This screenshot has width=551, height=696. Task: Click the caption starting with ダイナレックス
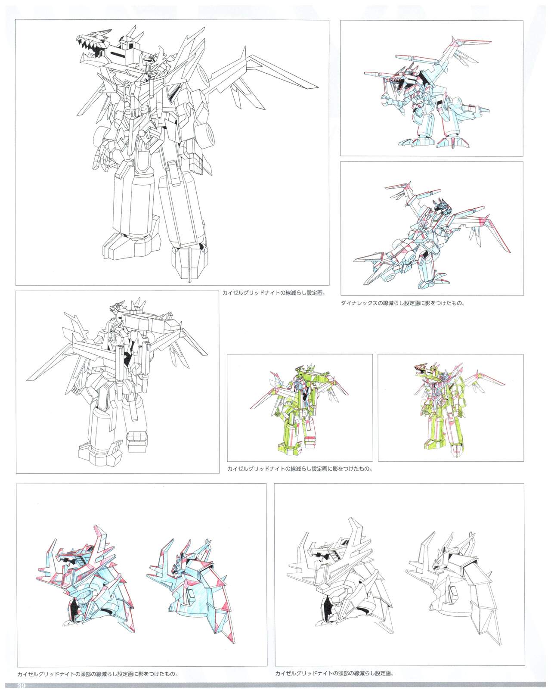(x=402, y=303)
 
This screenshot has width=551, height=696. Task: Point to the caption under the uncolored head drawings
(x=334, y=673)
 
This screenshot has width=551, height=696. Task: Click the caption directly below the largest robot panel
(x=273, y=294)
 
